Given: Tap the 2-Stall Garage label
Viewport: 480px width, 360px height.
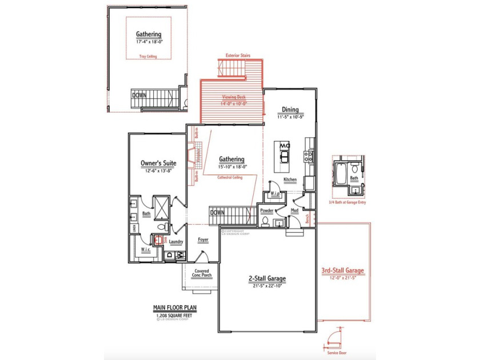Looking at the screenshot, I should [x=267, y=279].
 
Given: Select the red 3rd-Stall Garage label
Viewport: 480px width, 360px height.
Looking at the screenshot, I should [x=342, y=271].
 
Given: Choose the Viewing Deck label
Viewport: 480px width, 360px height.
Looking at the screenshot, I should [x=234, y=97].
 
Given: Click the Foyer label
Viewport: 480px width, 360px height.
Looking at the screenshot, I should [x=203, y=239].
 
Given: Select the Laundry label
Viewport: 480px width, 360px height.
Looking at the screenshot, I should [x=175, y=242].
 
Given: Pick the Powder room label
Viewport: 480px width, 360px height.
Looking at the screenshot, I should [x=267, y=210].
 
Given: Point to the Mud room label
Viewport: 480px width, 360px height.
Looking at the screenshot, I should [x=294, y=210].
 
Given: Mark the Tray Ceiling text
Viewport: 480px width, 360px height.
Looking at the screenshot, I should [x=147, y=56].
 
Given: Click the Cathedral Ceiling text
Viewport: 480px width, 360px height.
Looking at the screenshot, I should [x=230, y=177].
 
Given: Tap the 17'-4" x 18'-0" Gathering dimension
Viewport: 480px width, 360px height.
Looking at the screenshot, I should [x=148, y=42].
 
